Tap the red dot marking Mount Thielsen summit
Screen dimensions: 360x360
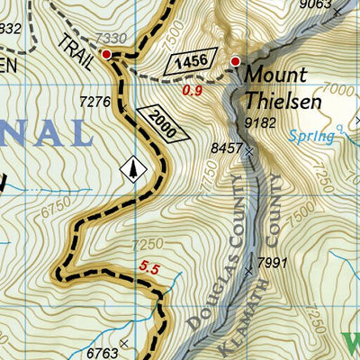pyautogui.click(x=236, y=61)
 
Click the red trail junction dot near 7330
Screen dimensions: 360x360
pyautogui.click(x=106, y=55)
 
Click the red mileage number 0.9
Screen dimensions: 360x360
pyautogui.click(x=192, y=90)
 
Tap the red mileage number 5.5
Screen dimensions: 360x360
pyautogui.click(x=149, y=266)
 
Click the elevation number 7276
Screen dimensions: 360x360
pyautogui.click(x=94, y=102)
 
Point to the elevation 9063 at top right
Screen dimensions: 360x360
pyautogui.click(x=317, y=5)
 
